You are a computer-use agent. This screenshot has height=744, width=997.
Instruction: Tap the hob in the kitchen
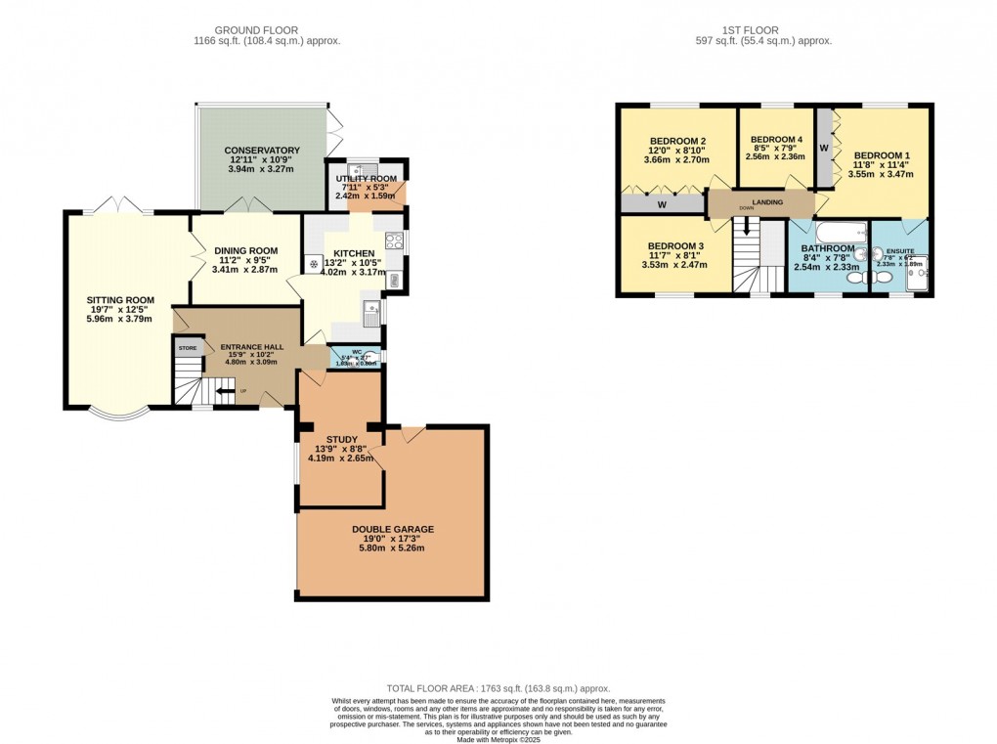click(394, 241)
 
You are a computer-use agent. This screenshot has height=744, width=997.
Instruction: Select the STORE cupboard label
click(188, 348)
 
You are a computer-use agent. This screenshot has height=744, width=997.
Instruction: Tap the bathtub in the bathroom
click(840, 233)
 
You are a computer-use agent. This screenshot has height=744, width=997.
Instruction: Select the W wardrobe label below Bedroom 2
click(663, 205)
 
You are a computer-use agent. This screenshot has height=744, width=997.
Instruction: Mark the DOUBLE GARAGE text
click(393, 530)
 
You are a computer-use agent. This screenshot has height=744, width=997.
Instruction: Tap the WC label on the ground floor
click(343, 353)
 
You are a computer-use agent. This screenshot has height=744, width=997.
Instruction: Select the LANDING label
click(761, 202)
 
